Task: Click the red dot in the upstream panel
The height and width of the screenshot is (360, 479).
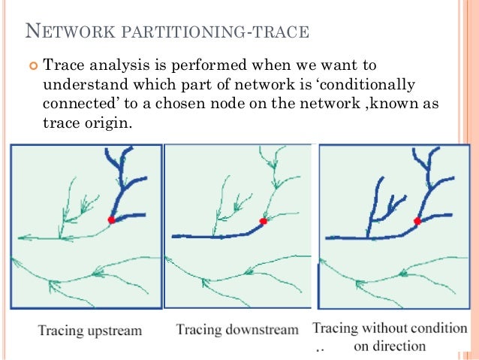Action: tap(111, 219)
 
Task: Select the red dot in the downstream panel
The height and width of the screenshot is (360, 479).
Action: tap(263, 221)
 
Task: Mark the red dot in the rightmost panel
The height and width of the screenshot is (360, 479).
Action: tap(418, 221)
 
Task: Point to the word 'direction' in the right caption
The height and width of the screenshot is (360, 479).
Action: tap(400, 346)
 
